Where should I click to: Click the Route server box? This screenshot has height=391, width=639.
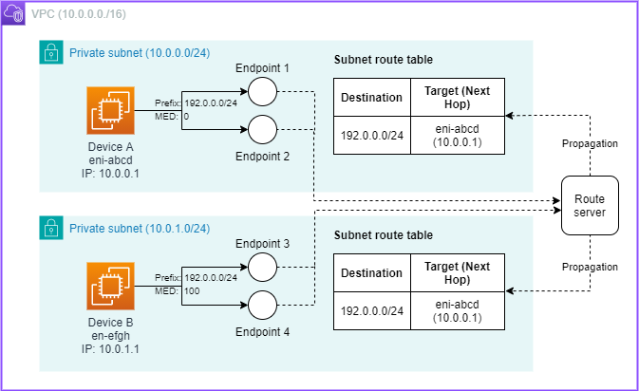pyautogui.click(x=589, y=206)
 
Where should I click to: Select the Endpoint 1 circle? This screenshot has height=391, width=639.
pyautogui.click(x=262, y=92)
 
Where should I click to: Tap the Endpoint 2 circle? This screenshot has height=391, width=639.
pyautogui.click(x=262, y=128)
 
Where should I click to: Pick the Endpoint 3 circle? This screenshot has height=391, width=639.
pyautogui.click(x=262, y=268)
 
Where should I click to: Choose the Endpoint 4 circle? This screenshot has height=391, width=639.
pyautogui.click(x=262, y=304)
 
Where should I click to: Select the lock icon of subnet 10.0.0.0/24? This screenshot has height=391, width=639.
pyautogui.click(x=50, y=52)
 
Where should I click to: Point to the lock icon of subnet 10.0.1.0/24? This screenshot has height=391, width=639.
pyautogui.click(x=50, y=228)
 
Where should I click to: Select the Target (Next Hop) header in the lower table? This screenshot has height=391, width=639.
pyautogui.click(x=457, y=273)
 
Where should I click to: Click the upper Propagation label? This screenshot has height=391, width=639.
pyautogui.click(x=589, y=143)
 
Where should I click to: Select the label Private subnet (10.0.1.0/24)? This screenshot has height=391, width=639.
pyautogui.click(x=140, y=228)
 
